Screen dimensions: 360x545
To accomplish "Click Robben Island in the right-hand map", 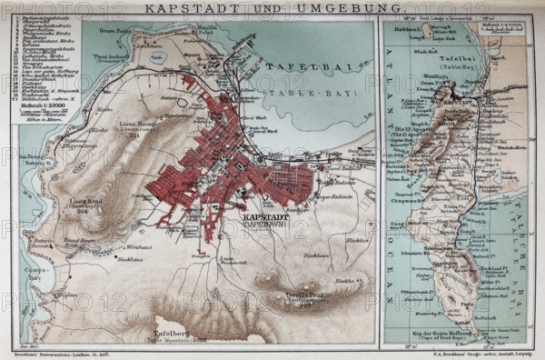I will [x=424, y=31].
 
